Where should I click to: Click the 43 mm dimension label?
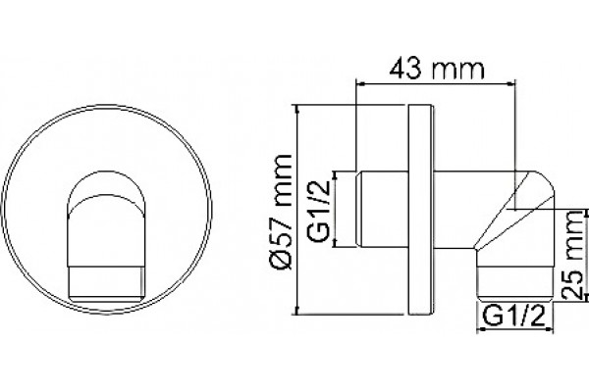(x=437, y=69)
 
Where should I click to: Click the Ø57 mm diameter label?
(x=283, y=212)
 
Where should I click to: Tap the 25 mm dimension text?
(x=574, y=255)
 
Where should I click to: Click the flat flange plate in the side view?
(x=420, y=210)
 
